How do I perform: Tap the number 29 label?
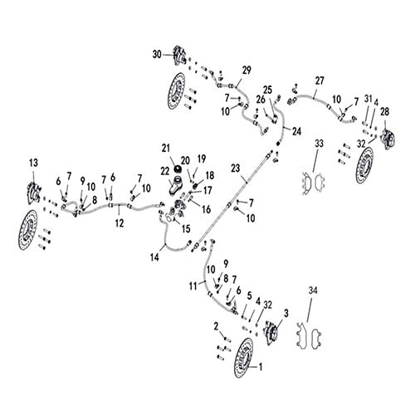(247, 69)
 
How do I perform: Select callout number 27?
(319, 81)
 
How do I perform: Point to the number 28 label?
(384, 112)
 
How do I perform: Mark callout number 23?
(236, 168)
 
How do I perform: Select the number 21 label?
(165, 148)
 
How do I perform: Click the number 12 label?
(119, 222)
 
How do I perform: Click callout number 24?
(296, 130)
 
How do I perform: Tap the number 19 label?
(202, 159)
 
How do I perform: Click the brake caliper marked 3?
(271, 333)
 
